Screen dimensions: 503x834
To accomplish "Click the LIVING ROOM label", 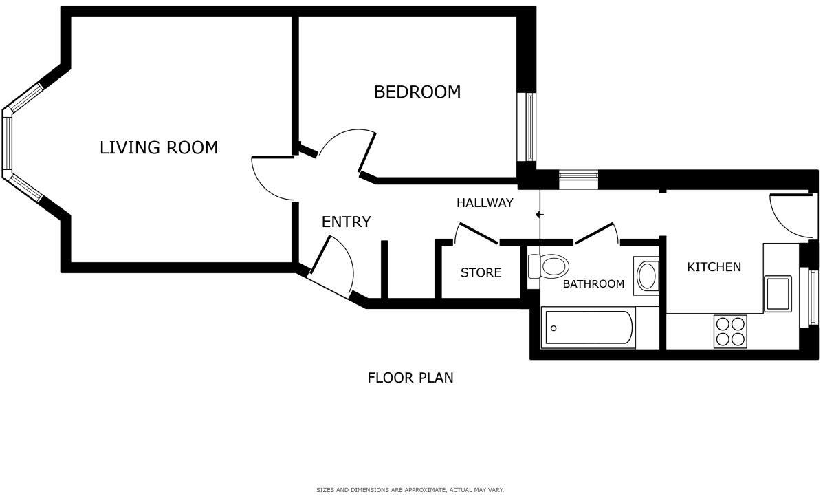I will (x=159, y=147).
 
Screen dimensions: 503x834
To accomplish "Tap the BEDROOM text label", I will (x=417, y=92).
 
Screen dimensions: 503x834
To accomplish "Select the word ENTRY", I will (x=346, y=222).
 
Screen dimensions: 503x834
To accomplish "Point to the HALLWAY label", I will (x=485, y=203).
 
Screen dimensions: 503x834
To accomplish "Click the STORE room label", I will (x=481, y=272).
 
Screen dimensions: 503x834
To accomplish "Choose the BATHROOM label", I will (x=593, y=283).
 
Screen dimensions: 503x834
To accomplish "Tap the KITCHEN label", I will (x=714, y=266).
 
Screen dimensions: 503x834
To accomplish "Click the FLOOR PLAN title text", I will (x=410, y=377).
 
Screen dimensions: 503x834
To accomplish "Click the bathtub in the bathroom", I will (x=589, y=328).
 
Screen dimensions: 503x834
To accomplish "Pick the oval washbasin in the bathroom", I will (x=646, y=276).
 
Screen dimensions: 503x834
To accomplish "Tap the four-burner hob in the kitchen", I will (x=730, y=331).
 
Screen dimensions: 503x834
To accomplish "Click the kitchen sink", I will (x=778, y=293).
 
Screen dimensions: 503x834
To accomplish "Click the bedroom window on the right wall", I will (x=530, y=127).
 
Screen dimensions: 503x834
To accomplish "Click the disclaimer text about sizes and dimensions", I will (x=410, y=490).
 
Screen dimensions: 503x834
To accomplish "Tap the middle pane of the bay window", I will (x=7, y=143).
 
